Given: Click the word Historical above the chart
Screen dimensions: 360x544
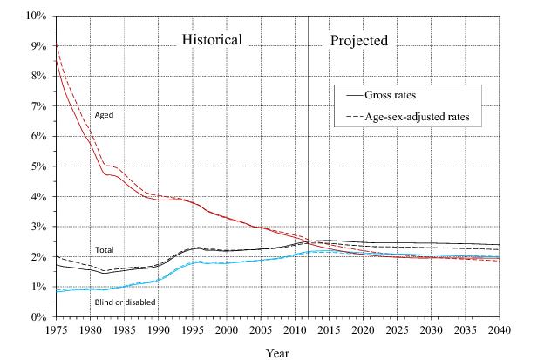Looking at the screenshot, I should (x=223, y=40).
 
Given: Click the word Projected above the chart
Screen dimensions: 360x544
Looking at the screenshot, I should (x=358, y=40).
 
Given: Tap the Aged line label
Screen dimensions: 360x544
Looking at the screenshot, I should (x=104, y=114).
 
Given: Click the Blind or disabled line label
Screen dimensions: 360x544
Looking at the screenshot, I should (x=126, y=302).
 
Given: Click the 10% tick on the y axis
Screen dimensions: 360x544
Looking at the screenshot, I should (x=36, y=16).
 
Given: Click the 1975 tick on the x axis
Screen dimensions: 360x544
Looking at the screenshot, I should (x=56, y=331).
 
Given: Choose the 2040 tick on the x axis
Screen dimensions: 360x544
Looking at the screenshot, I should (x=500, y=331).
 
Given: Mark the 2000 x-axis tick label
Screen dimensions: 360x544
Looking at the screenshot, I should (x=227, y=331).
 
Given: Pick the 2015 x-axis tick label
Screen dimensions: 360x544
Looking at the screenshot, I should (x=329, y=331).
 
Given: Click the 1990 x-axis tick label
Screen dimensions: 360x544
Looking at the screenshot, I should (x=158, y=331).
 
